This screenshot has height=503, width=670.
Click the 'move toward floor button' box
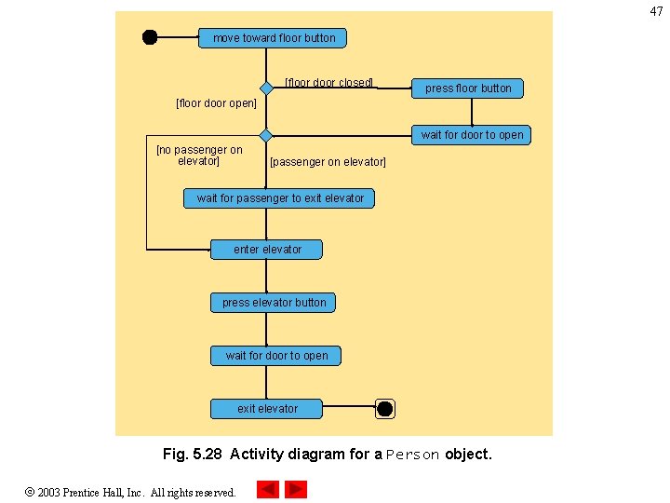(x=274, y=38)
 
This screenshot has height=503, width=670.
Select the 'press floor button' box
(x=468, y=88)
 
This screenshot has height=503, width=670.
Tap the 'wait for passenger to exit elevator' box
(x=280, y=198)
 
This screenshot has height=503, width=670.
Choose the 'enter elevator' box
(x=267, y=250)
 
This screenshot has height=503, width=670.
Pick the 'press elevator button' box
(x=274, y=303)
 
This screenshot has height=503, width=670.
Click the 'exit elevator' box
(x=267, y=409)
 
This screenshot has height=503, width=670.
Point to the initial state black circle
(x=150, y=37)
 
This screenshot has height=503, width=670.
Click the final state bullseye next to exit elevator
(x=384, y=409)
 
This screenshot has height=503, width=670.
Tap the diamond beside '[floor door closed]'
(x=266, y=88)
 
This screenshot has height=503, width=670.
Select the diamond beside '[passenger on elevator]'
(x=266, y=135)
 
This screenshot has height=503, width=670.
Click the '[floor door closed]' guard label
(x=328, y=83)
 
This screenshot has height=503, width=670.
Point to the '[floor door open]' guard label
(x=216, y=103)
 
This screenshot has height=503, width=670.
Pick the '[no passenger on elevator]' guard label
(x=199, y=156)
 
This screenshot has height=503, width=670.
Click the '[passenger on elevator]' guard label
(x=328, y=162)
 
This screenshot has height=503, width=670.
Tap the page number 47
(x=656, y=11)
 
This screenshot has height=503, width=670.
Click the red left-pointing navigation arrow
(x=267, y=489)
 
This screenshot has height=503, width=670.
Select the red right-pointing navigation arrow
(x=295, y=489)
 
